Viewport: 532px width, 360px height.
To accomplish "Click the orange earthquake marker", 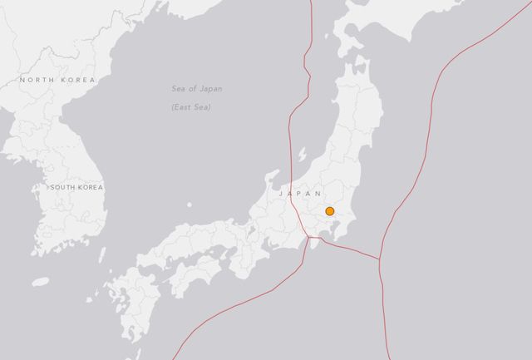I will coord(330,211).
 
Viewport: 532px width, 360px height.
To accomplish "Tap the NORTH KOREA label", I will coord(58,80).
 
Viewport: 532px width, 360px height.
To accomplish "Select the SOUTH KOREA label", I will coord(76,188).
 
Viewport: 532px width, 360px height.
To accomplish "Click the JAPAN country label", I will coord(299,193).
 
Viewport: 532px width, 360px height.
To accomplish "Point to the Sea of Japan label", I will coord(197,89).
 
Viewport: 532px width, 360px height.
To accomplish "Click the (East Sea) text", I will coord(191,107).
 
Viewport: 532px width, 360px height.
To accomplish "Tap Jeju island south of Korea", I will coord(41,281).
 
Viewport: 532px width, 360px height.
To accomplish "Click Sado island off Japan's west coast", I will coord(302,155).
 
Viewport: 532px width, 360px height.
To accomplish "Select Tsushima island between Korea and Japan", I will coord(102,253).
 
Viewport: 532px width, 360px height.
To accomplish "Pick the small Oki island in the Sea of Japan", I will coord(190,204).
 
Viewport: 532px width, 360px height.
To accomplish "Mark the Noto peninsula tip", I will coord(274,174).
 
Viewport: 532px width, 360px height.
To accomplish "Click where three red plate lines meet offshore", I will coord(380,259).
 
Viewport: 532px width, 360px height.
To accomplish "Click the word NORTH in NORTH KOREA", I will coord(38,80).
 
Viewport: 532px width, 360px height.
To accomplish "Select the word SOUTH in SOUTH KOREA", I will coord(64,188).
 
